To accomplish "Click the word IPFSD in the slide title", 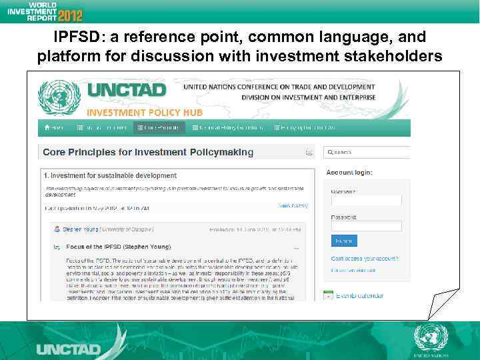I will point(74,37).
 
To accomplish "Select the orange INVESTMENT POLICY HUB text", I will point(144,113).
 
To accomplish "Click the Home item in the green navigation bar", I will point(54,127).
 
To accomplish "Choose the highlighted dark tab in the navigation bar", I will point(159,127).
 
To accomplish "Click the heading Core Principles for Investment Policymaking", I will point(148,152).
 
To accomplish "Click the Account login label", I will point(349,172).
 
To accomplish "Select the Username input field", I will point(366,201).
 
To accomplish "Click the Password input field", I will point(366,226).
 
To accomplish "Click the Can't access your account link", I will point(365,258).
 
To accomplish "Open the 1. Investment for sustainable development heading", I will point(110,176).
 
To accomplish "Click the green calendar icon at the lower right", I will point(329,294).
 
